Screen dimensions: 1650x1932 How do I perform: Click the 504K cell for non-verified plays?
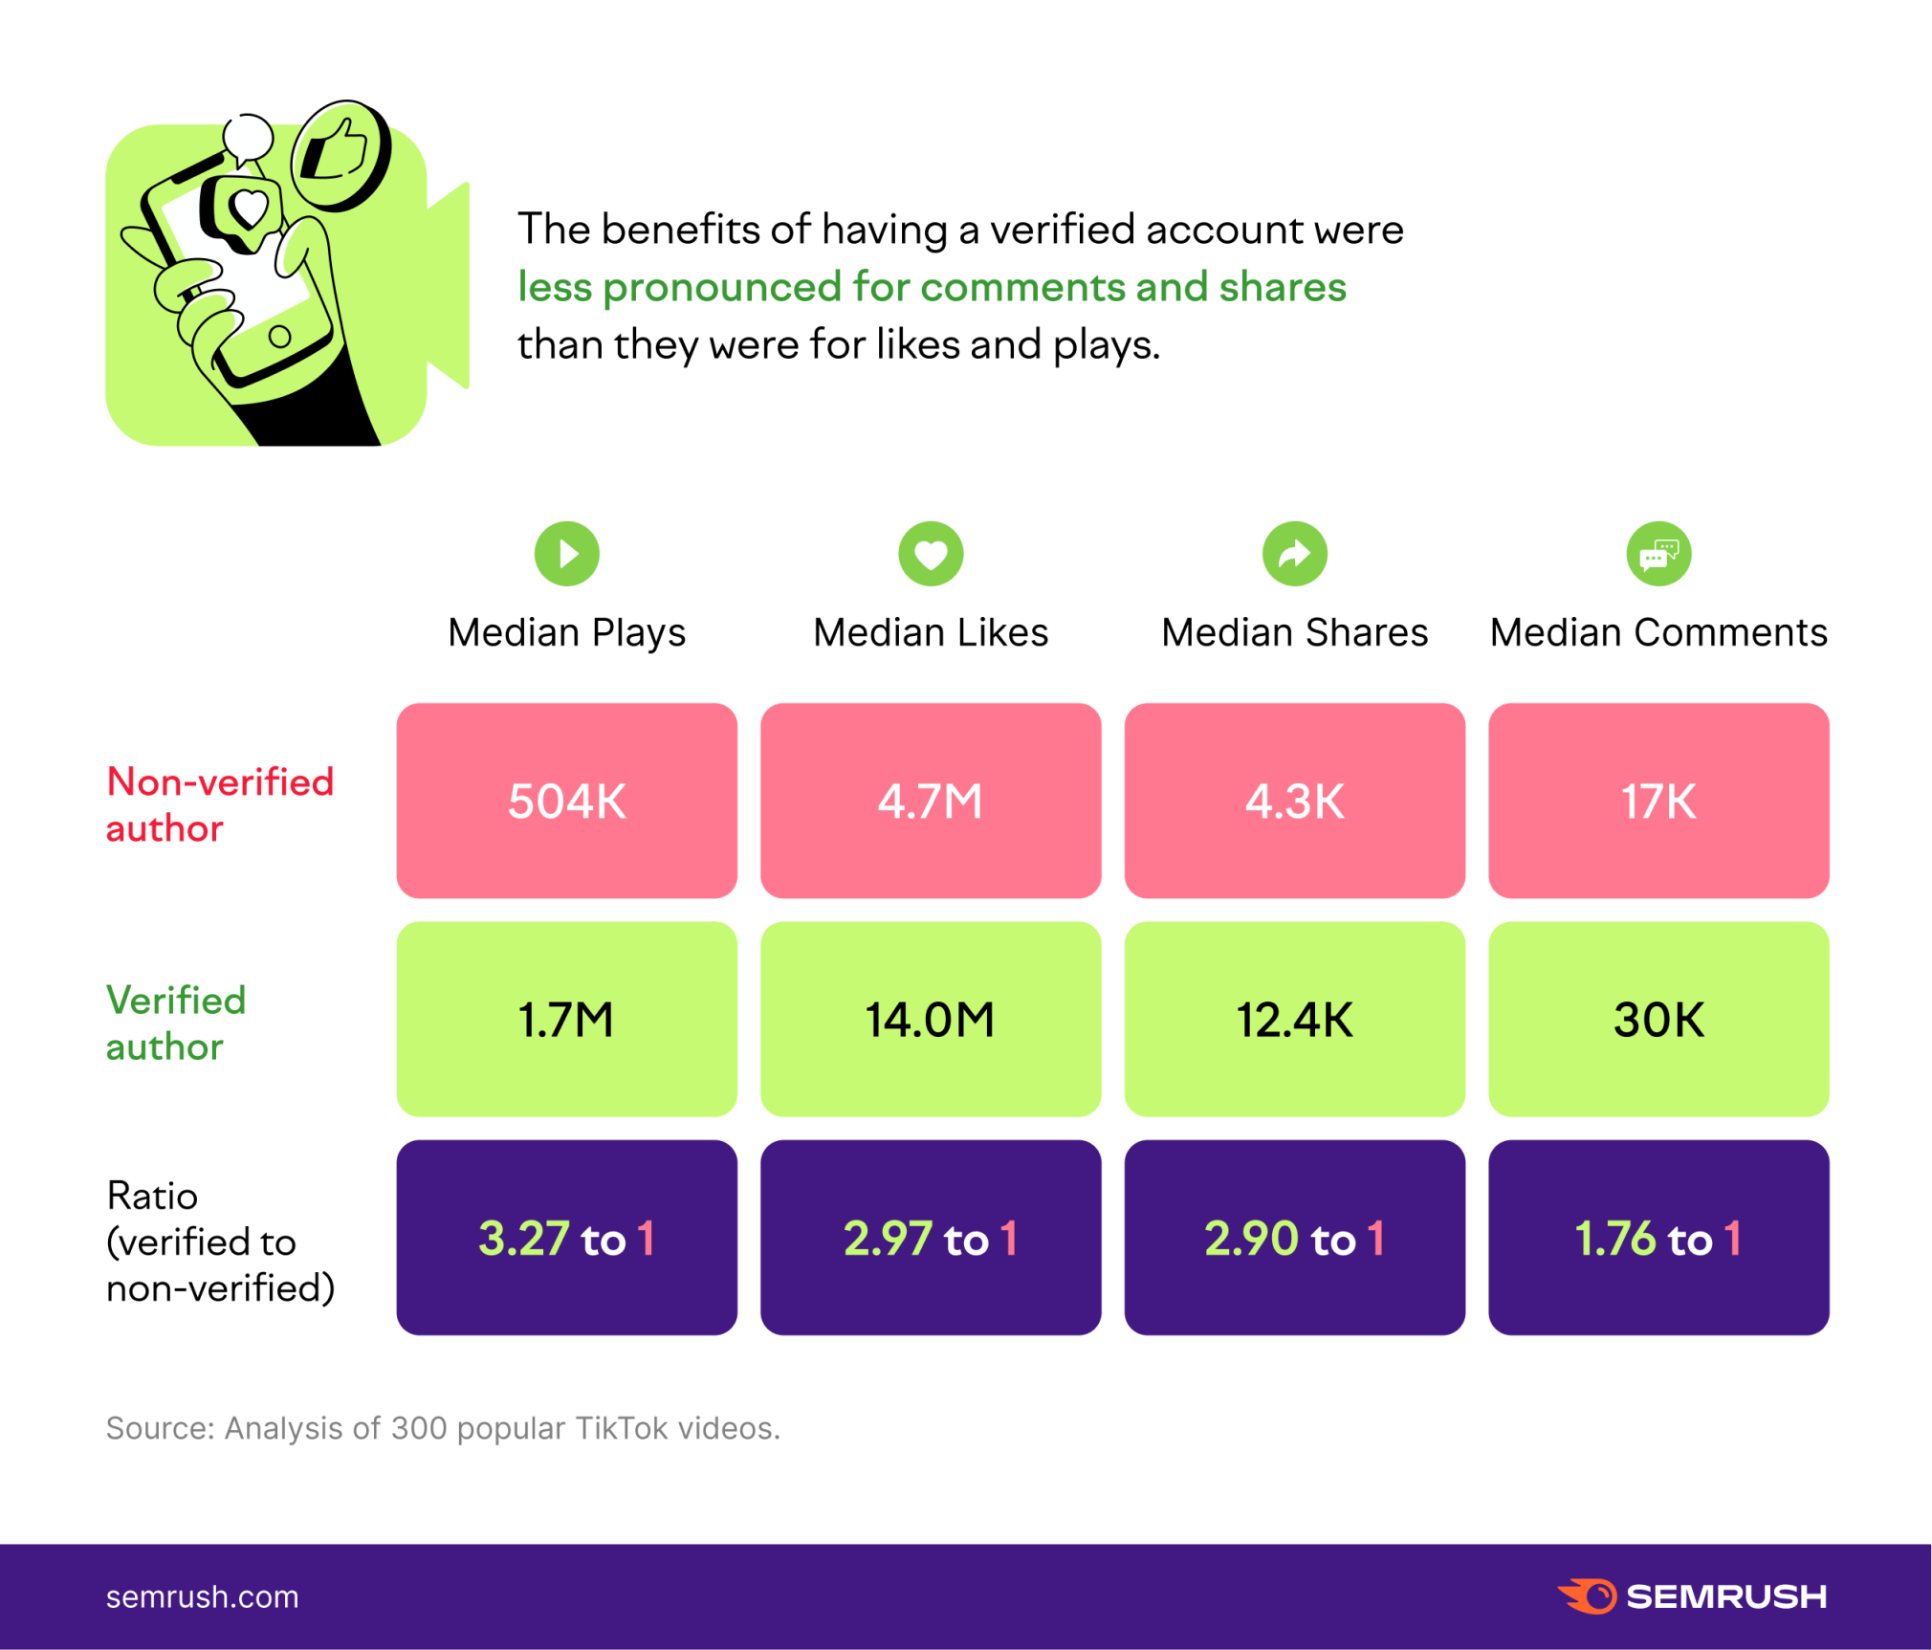point(566,801)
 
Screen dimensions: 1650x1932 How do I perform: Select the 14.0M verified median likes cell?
point(930,1019)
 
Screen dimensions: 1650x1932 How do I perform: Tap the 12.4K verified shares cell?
point(1294,1019)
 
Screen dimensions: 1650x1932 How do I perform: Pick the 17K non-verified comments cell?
point(1658,801)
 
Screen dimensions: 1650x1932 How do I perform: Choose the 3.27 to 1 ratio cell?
point(566,1237)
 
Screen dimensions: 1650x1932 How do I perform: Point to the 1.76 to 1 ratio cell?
point(1658,1237)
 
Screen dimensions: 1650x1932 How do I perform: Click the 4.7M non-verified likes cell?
point(930,801)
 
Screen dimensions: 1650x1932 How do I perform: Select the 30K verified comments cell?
point(1658,1019)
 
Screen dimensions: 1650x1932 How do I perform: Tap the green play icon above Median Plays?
point(566,553)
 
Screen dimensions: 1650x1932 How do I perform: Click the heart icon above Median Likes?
point(930,553)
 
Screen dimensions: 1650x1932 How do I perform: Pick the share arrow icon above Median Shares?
point(1294,553)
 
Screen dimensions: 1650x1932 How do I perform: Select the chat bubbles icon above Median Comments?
point(1658,553)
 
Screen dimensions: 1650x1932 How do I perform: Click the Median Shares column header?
point(1294,632)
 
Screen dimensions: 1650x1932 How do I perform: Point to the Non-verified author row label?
point(220,804)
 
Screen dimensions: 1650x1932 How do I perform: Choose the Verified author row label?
point(176,1023)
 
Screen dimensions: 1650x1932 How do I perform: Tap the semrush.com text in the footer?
point(202,1596)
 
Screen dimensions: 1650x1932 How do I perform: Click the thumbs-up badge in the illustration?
point(340,154)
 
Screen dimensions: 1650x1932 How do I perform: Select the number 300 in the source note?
point(418,1427)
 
